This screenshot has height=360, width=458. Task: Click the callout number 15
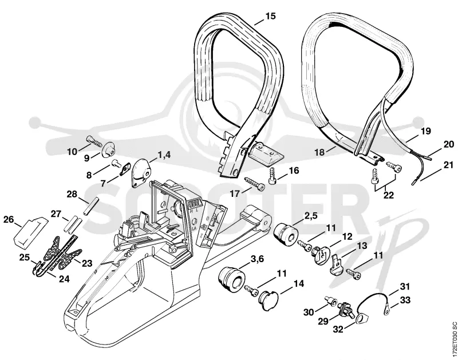[x=270, y=16]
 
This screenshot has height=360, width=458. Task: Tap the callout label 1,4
[x=164, y=155]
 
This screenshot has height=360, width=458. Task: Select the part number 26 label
[x=9, y=219]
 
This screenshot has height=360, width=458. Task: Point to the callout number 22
[x=389, y=195]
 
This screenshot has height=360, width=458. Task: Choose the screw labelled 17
[x=254, y=183]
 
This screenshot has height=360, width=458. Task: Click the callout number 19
[x=426, y=132]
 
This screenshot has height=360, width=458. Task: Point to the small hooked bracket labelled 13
[x=337, y=265]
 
